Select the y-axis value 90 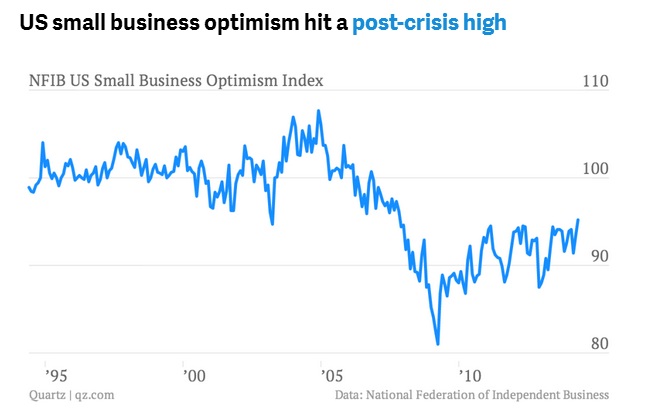pyautogui.click(x=596, y=256)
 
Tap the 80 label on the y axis pyautogui.click(x=598, y=344)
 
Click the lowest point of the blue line pyautogui.click(x=438, y=344)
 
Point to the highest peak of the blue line pyautogui.click(x=318, y=111)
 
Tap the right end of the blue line pyautogui.click(x=578, y=219)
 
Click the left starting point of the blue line pyautogui.click(x=28, y=187)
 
